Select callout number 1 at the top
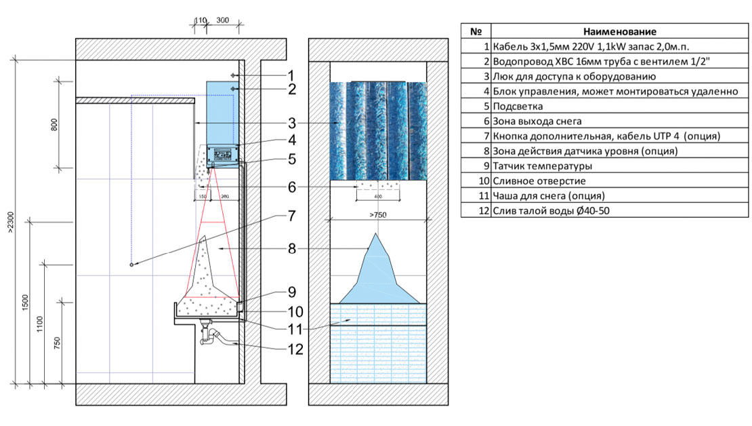(290, 75)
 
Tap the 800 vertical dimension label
(55, 124)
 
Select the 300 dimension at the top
(222, 21)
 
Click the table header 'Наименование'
(619, 31)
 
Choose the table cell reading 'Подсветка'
(519, 106)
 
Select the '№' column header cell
(476, 31)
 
